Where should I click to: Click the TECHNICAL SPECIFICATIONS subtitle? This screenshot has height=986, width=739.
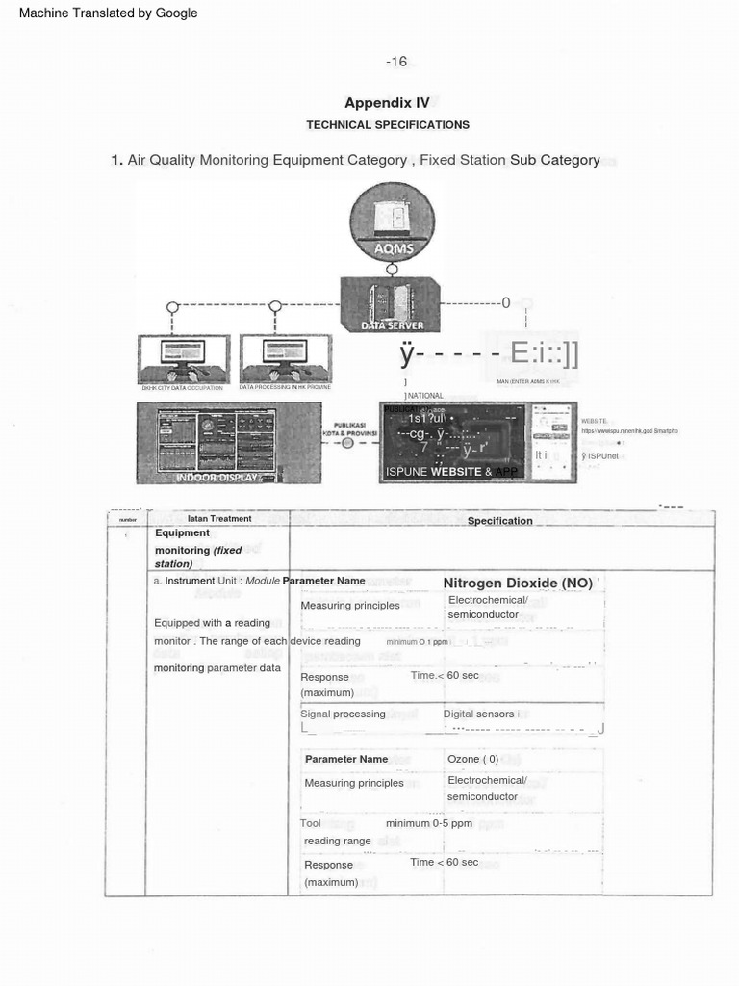coord(388,125)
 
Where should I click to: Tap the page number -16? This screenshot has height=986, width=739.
coord(396,62)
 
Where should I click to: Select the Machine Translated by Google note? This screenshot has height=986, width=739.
coord(109,13)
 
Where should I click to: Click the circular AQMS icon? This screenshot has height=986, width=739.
coord(392,222)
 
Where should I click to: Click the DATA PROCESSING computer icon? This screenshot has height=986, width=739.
coord(285,359)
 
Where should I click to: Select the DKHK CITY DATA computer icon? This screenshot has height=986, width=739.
coord(183,359)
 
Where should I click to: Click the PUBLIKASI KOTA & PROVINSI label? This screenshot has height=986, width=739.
coord(348,428)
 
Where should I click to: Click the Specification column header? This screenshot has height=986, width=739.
coord(499,521)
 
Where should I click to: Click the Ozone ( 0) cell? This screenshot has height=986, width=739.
coord(473,759)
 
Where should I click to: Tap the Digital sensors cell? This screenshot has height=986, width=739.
coord(479,714)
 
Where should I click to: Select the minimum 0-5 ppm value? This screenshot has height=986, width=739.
coord(429,824)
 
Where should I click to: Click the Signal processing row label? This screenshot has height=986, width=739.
coord(344,714)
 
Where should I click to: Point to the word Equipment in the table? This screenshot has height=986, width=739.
coord(183,533)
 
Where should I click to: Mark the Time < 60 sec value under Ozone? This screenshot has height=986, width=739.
coord(445,862)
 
